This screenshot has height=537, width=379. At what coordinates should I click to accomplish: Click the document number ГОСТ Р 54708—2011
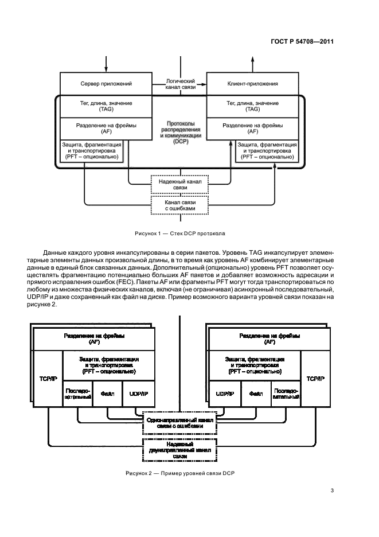click(x=302, y=41)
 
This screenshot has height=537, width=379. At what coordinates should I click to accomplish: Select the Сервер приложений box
click(x=106, y=84)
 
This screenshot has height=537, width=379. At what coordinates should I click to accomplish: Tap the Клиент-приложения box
click(x=253, y=84)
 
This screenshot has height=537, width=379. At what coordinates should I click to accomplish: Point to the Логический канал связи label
click(x=181, y=84)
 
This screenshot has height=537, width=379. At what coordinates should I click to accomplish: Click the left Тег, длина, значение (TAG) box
click(x=106, y=107)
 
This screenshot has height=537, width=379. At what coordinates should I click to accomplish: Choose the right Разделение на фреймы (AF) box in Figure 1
click(x=253, y=129)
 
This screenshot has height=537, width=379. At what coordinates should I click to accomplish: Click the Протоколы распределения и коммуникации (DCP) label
click(x=181, y=133)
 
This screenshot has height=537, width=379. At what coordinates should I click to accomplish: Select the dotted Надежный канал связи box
click(x=180, y=185)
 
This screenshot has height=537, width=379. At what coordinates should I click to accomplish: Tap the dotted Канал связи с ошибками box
click(x=180, y=205)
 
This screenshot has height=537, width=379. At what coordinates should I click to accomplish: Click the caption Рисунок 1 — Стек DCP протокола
click(x=179, y=234)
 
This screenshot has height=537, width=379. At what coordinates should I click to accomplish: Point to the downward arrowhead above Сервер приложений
click(x=106, y=69)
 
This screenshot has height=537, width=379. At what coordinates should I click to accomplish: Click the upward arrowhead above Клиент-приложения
click(x=253, y=59)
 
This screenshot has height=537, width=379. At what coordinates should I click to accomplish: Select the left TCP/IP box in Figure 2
click(x=48, y=379)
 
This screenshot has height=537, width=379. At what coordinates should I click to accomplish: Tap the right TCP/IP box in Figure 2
click(x=315, y=379)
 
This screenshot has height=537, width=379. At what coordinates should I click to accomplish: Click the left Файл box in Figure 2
click(x=107, y=394)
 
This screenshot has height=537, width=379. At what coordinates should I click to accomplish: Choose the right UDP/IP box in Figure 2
click(x=225, y=394)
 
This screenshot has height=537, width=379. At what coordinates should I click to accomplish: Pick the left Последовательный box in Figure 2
click(x=78, y=394)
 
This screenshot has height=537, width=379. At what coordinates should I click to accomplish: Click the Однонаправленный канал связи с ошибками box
click(x=180, y=423)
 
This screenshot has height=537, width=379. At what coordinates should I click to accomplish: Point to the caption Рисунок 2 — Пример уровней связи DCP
click(x=179, y=473)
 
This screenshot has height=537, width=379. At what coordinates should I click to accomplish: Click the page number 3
click(x=332, y=491)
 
